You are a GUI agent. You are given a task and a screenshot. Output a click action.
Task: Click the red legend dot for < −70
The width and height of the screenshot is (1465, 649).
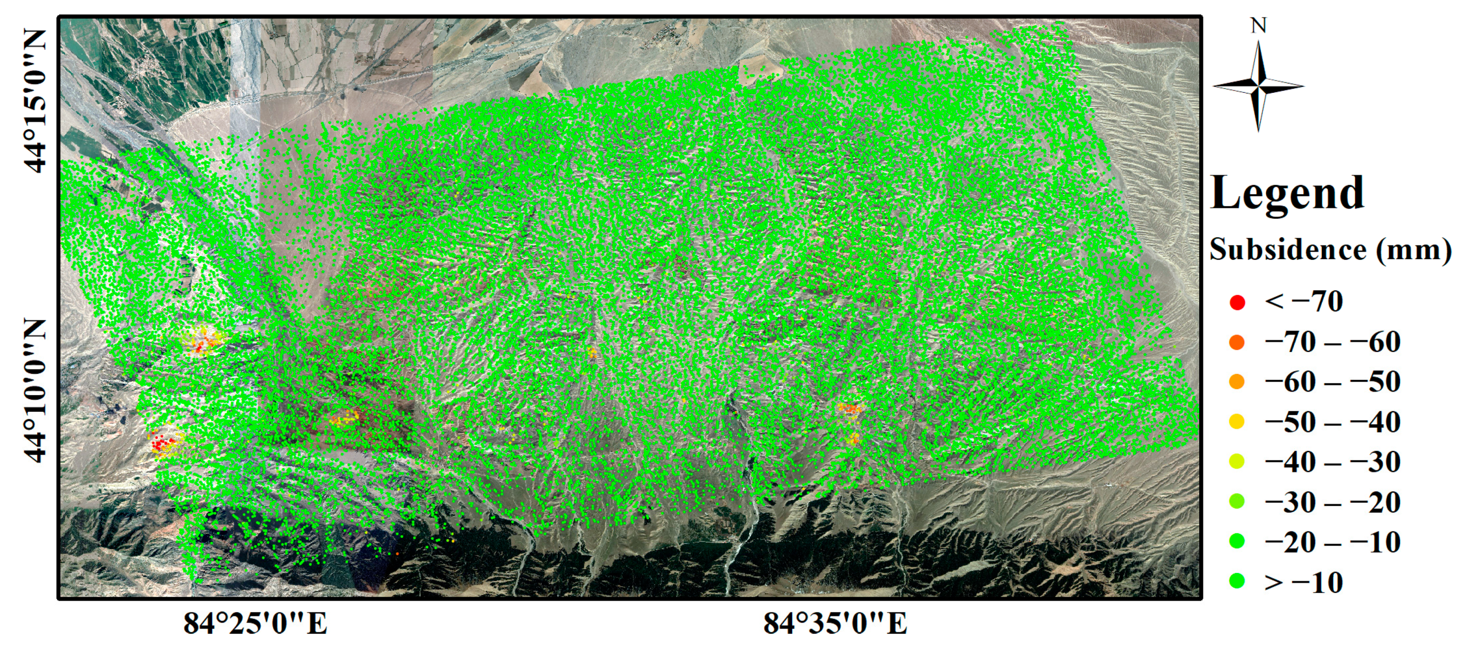1237,302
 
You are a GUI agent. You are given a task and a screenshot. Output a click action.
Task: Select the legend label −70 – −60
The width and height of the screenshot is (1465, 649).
1332,342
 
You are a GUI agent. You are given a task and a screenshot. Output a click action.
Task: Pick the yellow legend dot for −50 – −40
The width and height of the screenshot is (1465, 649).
1237,422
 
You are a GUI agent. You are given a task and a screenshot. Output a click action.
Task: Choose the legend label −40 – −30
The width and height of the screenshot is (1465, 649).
1332,462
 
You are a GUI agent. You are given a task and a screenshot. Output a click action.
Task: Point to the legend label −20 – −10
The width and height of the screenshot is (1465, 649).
1332,542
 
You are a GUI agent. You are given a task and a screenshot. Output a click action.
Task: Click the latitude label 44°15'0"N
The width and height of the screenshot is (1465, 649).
35,101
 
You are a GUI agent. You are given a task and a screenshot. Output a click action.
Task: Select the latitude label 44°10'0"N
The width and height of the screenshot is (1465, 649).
35,391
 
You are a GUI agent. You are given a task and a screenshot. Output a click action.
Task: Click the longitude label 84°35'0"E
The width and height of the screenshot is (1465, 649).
835,623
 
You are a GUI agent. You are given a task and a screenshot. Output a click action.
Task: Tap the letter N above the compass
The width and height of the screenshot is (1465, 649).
1259,26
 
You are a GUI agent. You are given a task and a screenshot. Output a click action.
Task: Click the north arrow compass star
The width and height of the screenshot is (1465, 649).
1259,87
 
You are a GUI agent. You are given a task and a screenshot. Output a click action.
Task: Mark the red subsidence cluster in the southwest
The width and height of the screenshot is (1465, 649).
162,442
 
